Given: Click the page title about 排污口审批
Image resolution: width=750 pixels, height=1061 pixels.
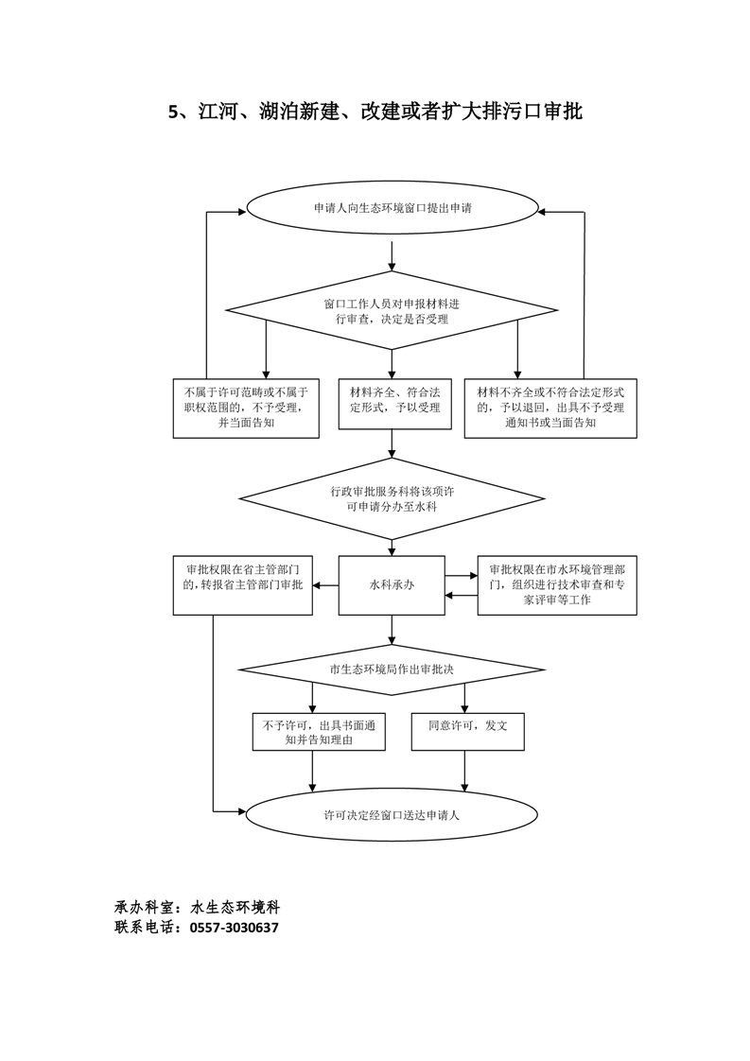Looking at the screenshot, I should [375, 113].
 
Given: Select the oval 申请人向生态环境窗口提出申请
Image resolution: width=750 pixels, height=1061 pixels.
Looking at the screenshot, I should [392, 208].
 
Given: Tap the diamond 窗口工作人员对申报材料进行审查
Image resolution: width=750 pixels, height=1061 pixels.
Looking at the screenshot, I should [392, 311].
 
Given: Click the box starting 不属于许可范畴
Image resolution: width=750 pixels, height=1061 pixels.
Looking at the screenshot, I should [245, 408].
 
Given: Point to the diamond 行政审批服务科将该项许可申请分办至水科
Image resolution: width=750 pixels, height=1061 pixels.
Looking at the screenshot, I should [392, 498].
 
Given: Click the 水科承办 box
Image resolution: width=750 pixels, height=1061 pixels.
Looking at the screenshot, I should [392, 585].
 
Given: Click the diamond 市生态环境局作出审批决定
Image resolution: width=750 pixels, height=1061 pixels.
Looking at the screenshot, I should [392, 670].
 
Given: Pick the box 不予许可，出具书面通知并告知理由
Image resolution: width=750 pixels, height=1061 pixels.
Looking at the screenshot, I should [319, 732].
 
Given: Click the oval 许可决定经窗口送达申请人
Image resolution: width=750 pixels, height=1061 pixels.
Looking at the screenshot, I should [392, 813].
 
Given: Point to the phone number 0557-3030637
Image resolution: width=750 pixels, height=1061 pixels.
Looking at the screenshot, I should [235, 928].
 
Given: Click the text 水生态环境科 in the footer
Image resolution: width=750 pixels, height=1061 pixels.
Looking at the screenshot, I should [235, 906].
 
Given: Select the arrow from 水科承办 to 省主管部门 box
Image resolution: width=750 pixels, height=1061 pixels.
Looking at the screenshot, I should [326, 585].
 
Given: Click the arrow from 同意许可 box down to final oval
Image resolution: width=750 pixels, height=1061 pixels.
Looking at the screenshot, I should [464, 770].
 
